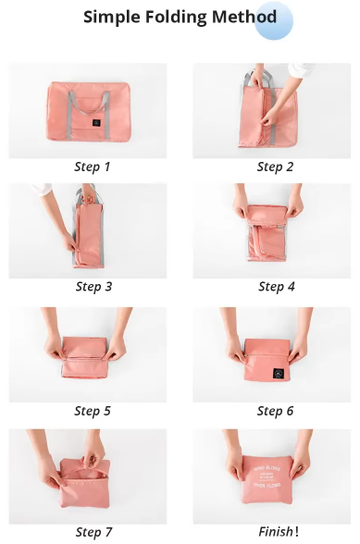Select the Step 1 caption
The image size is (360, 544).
point(93,167)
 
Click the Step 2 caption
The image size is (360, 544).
point(276,167)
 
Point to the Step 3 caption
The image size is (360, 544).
point(93,287)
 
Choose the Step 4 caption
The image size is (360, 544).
point(276,287)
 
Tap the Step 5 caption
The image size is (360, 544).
point(93,411)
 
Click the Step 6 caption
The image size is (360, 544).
point(276,411)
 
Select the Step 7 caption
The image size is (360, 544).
point(93,532)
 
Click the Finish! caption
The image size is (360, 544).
point(278,532)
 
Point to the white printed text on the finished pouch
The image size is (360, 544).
point(277,481)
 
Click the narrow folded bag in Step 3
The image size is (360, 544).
point(89,237)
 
